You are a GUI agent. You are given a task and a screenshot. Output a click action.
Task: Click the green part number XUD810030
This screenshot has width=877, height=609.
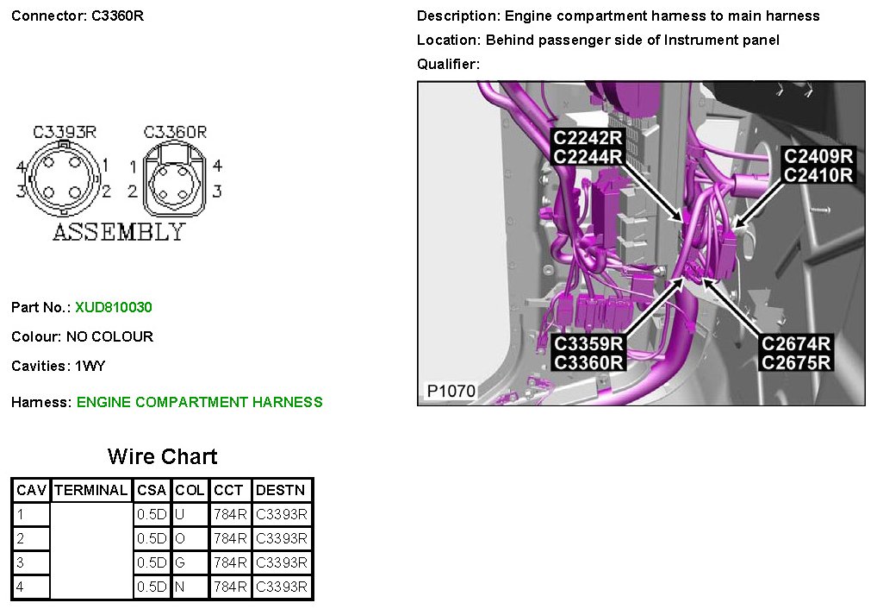pyautogui.click(x=114, y=307)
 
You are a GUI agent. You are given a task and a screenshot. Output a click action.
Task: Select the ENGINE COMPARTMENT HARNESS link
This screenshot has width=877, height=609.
pyautogui.click(x=199, y=402)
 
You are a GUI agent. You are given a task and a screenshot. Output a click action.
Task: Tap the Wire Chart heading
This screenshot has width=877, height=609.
pyautogui.click(x=162, y=456)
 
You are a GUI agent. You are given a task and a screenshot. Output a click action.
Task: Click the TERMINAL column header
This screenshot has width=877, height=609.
pyautogui.click(x=90, y=490)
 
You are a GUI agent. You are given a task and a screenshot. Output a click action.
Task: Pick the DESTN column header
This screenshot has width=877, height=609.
pyautogui.click(x=281, y=490)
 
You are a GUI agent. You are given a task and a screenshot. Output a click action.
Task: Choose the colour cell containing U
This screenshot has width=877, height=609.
pyautogui.click(x=180, y=514)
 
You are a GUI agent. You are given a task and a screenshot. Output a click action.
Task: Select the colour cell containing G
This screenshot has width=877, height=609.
pyautogui.click(x=180, y=562)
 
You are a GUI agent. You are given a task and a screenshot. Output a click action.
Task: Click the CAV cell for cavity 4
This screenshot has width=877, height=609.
pyautogui.click(x=21, y=587)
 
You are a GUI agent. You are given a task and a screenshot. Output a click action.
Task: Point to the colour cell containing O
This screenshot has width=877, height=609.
pyautogui.click(x=180, y=538)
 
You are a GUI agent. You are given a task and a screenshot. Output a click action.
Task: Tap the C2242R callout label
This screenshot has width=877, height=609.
pyautogui.click(x=588, y=137)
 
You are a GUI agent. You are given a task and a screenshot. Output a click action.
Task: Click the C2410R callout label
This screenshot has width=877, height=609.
pyautogui.click(x=817, y=175)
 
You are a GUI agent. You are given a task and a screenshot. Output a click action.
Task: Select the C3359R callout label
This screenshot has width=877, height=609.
pyautogui.click(x=588, y=343)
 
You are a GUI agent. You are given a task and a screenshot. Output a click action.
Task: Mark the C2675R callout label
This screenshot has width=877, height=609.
pyautogui.click(x=796, y=362)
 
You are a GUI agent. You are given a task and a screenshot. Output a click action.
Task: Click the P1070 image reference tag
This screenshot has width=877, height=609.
pyautogui.click(x=451, y=391)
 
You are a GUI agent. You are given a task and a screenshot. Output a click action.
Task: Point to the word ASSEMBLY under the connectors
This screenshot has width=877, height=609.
pyautogui.click(x=119, y=232)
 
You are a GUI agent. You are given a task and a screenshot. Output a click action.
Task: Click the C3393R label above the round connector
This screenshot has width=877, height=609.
pyautogui.click(x=65, y=132)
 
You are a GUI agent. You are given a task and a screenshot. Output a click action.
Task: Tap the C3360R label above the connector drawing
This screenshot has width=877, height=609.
pyautogui.click(x=176, y=132)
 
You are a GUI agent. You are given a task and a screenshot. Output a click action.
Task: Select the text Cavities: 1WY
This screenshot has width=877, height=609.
pyautogui.click(x=59, y=366)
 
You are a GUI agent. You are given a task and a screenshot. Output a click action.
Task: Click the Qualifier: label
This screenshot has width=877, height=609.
pyautogui.click(x=448, y=64)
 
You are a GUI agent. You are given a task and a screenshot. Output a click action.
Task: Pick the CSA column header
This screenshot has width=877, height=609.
pyautogui.click(x=152, y=490)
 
